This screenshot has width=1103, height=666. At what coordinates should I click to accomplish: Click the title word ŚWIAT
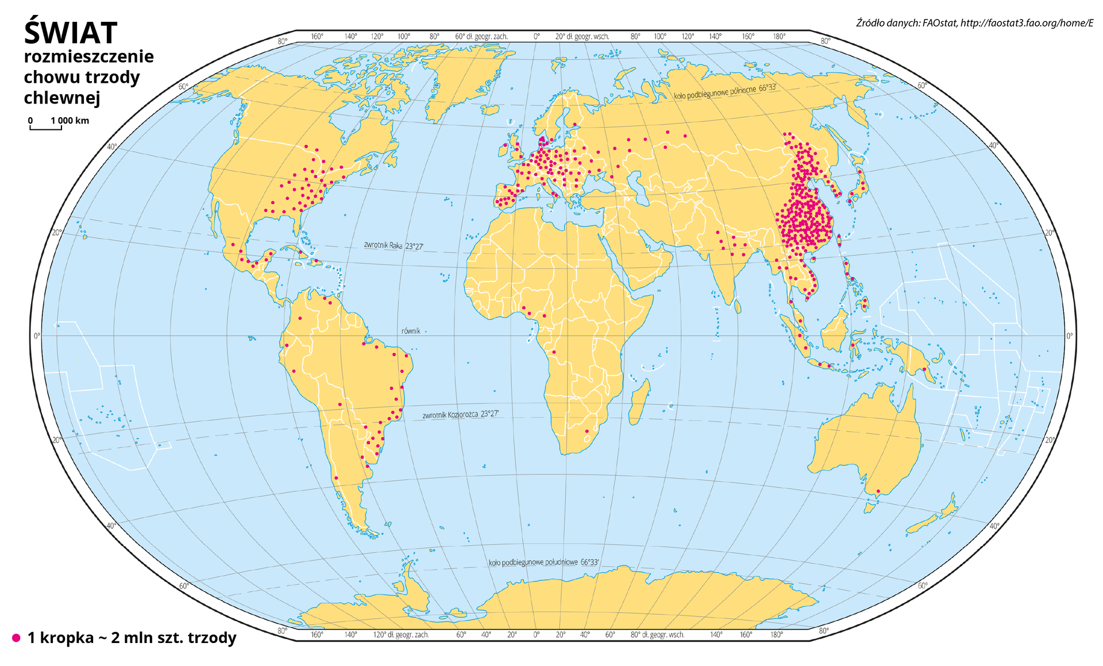click(71, 33)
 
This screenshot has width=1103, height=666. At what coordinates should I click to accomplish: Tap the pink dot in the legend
click(16, 638)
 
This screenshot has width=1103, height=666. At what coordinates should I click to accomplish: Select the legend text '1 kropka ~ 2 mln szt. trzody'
click(132, 638)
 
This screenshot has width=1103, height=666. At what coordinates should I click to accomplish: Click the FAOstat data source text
click(974, 23)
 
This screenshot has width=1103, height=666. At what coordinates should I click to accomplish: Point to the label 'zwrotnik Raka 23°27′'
click(394, 245)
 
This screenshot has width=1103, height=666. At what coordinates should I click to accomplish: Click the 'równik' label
click(411, 331)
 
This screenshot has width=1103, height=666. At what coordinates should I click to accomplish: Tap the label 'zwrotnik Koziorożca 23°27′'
click(461, 414)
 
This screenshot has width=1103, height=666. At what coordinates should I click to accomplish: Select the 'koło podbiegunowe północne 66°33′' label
click(725, 91)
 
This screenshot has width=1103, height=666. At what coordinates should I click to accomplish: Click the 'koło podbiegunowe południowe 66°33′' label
click(543, 562)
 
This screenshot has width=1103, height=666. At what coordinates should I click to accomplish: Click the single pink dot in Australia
click(878, 491)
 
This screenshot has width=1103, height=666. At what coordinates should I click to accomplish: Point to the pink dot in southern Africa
click(587, 431)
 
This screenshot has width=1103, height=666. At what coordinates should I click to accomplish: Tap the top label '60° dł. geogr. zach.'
click(481, 36)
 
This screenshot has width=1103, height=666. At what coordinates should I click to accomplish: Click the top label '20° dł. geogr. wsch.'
click(582, 36)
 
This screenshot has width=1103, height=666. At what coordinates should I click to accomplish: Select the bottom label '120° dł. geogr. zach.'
click(401, 635)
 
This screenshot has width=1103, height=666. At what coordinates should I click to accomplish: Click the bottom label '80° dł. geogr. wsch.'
click(657, 635)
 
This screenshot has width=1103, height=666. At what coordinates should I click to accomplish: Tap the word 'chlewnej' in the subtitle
click(62, 98)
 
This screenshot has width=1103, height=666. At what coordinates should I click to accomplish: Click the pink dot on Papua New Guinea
click(924, 369)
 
